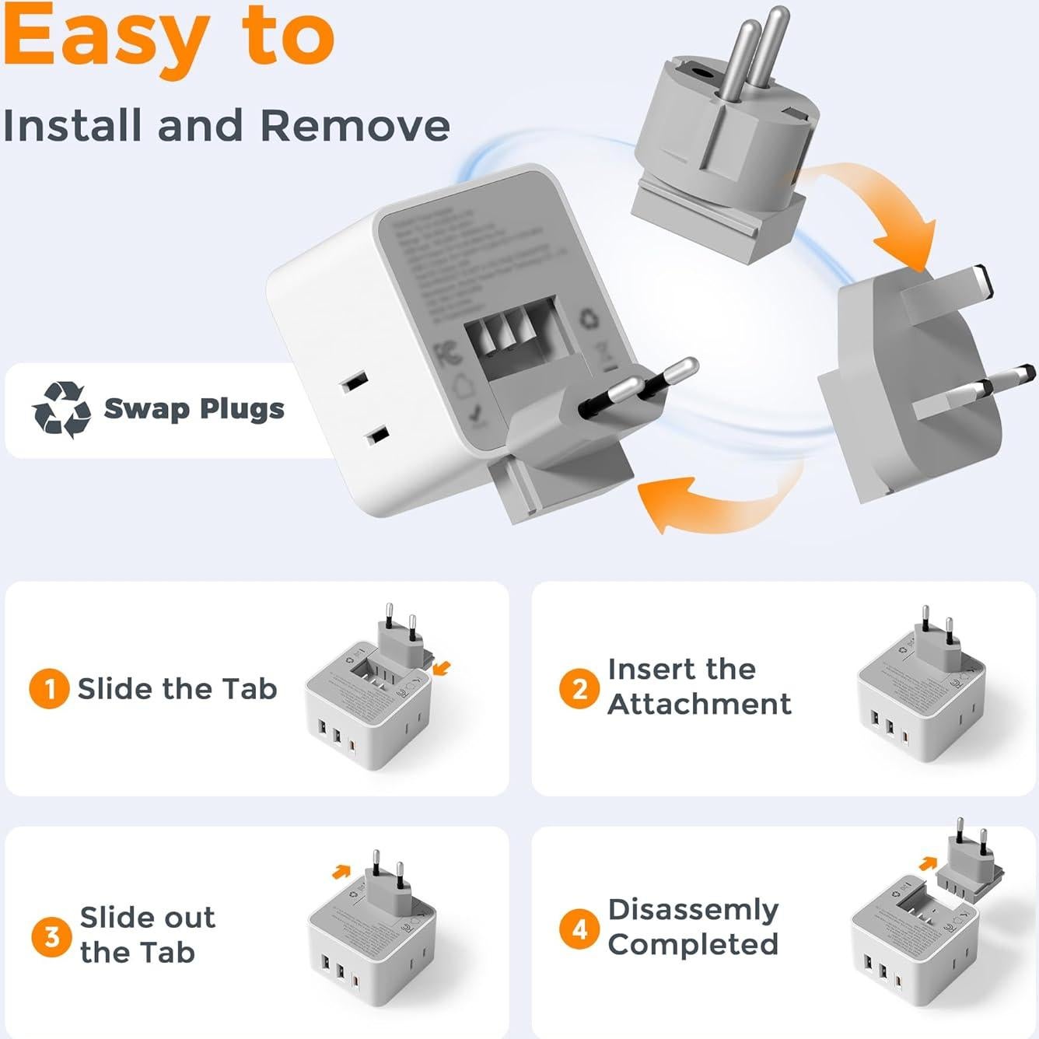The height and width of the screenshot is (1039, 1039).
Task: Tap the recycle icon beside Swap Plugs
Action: pyautogui.click(x=61, y=409)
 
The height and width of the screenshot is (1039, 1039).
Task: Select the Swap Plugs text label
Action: pyautogui.click(x=194, y=408)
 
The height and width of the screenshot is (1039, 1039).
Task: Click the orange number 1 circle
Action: pyautogui.click(x=49, y=689)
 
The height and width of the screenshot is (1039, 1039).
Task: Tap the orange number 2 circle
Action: pyautogui.click(x=579, y=689)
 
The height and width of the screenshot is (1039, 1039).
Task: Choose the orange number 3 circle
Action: pyautogui.click(x=51, y=936)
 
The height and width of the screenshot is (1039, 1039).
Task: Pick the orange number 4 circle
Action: pyautogui.click(x=579, y=929)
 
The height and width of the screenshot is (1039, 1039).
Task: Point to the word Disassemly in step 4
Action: pyautogui.click(x=693, y=909)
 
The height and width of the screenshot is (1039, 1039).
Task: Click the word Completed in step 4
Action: pyautogui.click(x=693, y=944)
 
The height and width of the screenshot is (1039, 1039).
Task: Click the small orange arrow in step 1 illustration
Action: pyautogui.click(x=443, y=667)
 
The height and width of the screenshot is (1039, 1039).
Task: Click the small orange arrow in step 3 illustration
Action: pyautogui.click(x=340, y=872)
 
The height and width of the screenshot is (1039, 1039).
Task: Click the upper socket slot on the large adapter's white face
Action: pyautogui.click(x=353, y=382)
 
